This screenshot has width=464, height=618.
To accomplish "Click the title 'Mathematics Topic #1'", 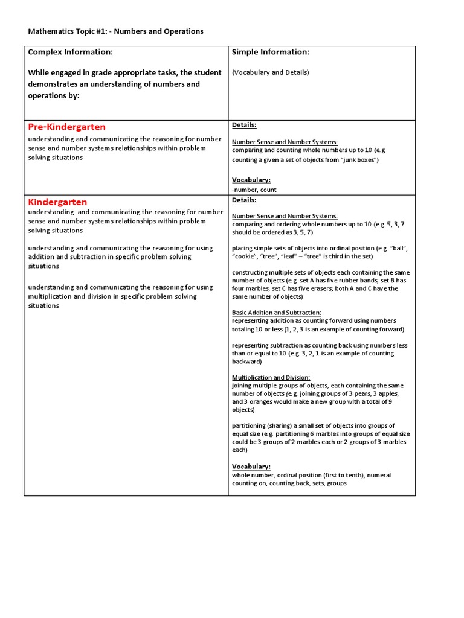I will coord(66,31).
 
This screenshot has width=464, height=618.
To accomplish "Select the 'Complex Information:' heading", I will coord(70,53).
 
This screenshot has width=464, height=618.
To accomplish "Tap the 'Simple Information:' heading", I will coord(271,53).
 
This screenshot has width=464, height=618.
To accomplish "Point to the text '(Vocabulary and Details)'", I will coord(270,72).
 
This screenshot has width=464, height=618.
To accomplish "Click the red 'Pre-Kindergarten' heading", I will coord(66,127).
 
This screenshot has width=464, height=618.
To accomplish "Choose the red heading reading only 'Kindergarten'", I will coord(57,202).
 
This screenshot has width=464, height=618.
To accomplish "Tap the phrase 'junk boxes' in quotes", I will coord(358,160).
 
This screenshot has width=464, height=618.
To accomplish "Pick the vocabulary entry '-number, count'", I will coord(254,190).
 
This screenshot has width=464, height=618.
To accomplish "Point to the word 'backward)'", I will coord(246,362).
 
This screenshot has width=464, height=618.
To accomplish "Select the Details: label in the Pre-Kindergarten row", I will coord(244,125).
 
